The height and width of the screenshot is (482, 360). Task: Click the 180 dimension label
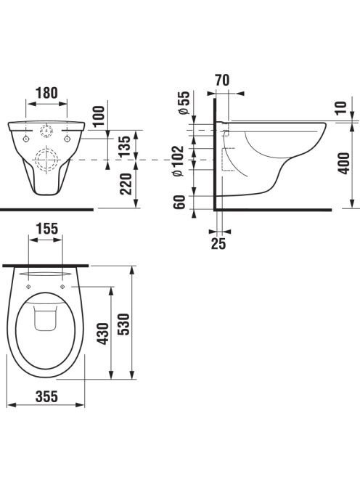coord(46,93)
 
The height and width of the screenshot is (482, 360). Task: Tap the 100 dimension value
coord(99,116)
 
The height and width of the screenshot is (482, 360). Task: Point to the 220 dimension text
coord(126,184)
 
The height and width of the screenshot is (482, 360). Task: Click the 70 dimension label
coord(222,81)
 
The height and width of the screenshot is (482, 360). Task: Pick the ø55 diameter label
coord(184,103)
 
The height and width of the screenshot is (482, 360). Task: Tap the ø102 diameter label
coord(178,160)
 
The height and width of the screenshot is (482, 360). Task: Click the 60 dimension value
coord(179,202)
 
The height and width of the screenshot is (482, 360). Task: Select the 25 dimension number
coord(218,243)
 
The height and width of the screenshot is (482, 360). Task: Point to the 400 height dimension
coord(344,163)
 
